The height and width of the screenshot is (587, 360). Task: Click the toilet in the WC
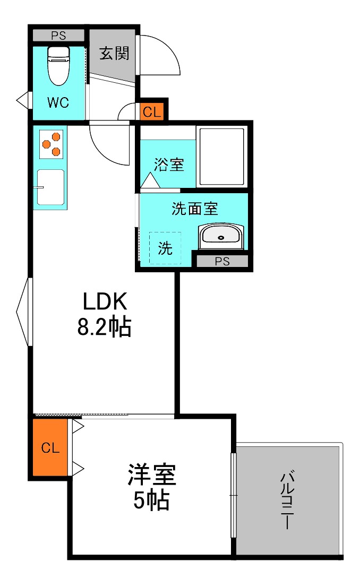click(58, 65)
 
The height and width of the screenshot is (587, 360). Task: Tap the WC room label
click(58, 103)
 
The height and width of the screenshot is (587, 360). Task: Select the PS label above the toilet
click(58, 36)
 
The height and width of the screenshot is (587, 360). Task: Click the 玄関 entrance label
click(114, 54)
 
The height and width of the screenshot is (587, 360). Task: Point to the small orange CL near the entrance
click(151, 113)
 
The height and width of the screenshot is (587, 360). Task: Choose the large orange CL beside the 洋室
click(50, 447)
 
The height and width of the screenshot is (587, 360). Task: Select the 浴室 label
click(169, 165)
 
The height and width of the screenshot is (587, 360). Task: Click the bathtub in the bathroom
click(220, 156)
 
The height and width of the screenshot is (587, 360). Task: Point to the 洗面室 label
click(195, 209)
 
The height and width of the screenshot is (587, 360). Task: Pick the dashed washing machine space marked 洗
click(165, 248)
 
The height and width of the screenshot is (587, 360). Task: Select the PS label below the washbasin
click(222, 261)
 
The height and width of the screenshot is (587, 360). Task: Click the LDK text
click(105, 302)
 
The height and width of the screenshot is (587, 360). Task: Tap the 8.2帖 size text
click(105, 327)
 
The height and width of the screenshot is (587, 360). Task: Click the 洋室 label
click(151, 475)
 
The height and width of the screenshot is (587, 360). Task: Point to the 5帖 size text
click(151, 500)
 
